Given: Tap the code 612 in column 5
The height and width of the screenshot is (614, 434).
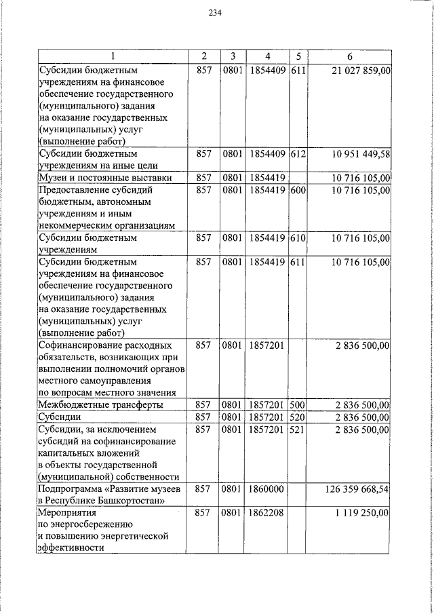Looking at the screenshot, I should pyautogui.click(x=298, y=154).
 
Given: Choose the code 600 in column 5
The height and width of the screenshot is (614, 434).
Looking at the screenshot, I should pyautogui.click(x=298, y=191).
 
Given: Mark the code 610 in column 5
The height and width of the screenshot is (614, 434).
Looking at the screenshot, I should pyautogui.click(x=298, y=238).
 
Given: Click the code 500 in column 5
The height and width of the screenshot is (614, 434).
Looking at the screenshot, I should pyautogui.click(x=298, y=405).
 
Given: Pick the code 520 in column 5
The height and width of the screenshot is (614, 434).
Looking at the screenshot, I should pyautogui.click(x=298, y=417).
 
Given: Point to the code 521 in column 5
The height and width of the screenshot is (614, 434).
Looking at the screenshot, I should pyautogui.click(x=298, y=429).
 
